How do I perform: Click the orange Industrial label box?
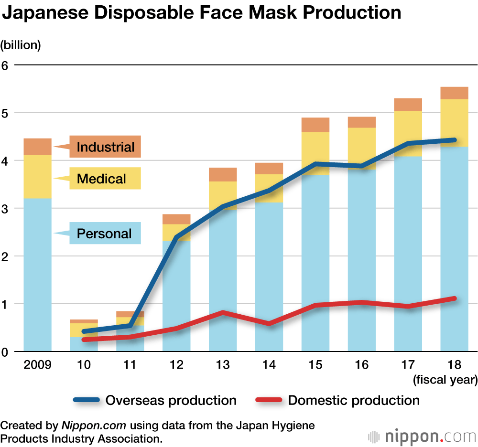pos(105,147)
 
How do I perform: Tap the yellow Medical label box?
pos(105,179)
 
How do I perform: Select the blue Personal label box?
pos(105,234)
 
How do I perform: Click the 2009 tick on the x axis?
pos(37,365)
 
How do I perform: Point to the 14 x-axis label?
pos(269,365)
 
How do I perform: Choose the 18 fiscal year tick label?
pos(454,365)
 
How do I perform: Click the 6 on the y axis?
pos(5,65)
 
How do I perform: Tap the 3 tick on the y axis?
pos(5,209)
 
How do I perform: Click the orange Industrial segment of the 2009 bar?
pos(37,147)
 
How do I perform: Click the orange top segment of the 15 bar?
pos(315,125)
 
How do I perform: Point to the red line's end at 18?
pos(454,298)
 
